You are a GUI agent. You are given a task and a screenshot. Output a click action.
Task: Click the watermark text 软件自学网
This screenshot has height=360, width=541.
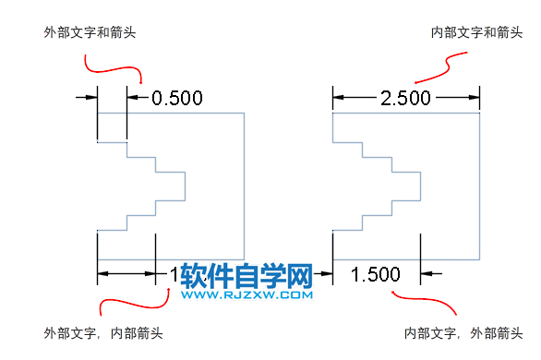pos(248,276)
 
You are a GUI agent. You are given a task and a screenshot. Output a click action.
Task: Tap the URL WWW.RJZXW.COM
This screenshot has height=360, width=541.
pos(248,296)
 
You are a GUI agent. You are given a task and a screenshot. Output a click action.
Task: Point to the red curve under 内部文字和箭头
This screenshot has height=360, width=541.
pos(441,68)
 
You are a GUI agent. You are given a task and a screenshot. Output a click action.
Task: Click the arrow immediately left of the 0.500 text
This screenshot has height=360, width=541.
pos(135,96)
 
